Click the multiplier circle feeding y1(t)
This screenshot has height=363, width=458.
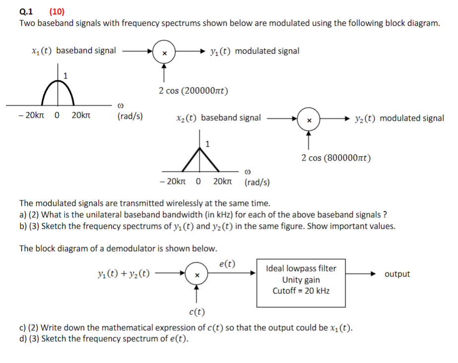(x=164, y=52)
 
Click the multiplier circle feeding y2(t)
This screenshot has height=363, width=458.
(x=309, y=119)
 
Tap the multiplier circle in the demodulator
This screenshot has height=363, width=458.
(x=197, y=274)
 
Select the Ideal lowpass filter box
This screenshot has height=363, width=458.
(x=301, y=282)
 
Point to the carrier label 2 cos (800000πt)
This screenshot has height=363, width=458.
(x=336, y=158)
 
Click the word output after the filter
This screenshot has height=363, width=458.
(x=397, y=274)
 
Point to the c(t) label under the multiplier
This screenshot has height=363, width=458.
(x=197, y=312)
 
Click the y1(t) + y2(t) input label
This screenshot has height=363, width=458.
(x=125, y=274)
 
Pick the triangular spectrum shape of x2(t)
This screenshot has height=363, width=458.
(x=201, y=158)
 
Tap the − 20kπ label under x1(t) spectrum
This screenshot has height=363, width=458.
(x=29, y=116)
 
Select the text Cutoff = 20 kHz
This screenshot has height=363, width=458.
(x=301, y=291)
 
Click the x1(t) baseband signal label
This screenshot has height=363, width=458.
(x=73, y=50)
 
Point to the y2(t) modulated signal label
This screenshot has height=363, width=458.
(x=399, y=118)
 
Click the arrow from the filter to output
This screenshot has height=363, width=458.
(x=363, y=274)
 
